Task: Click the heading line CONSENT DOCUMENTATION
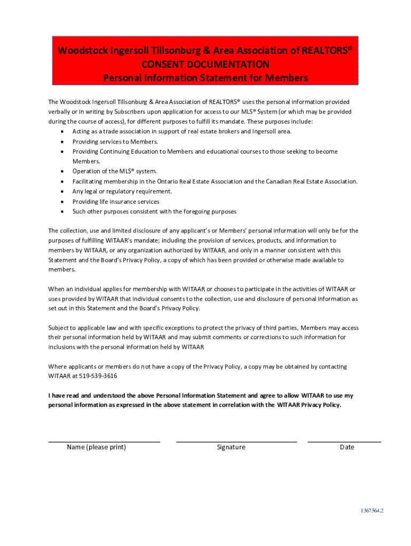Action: [205, 65]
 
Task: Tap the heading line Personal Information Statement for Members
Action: [205, 78]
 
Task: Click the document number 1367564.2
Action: [372, 510]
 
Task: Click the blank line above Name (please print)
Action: [104, 441]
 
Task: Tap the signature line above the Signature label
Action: [236, 441]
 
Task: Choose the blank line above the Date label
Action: [344, 441]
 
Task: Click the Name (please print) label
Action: [96, 447]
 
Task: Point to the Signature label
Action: [231, 447]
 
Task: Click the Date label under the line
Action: [347, 447]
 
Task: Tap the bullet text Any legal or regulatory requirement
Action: [122, 191]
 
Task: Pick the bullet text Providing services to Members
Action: [115, 141]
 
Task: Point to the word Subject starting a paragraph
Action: [59, 327]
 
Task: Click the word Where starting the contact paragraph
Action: [57, 366]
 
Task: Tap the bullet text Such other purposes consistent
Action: [154, 212]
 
